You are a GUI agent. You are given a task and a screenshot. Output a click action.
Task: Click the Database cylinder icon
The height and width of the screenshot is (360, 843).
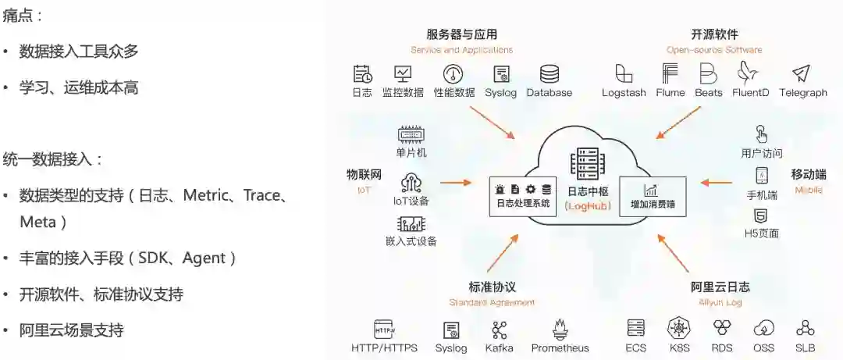tap(550, 74)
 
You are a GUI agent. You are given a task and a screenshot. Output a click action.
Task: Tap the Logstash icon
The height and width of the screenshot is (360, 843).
tap(624, 74)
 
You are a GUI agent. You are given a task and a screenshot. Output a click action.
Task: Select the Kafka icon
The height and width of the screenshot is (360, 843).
tap(499, 329)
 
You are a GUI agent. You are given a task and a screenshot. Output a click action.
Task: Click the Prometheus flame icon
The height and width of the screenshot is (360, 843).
tap(560, 329)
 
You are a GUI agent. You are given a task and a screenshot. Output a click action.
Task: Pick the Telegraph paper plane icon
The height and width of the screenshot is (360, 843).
tap(802, 74)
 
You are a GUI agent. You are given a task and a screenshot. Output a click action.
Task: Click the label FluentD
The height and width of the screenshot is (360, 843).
tap(750, 93)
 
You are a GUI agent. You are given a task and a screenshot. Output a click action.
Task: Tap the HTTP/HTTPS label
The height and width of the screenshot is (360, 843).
tap(384, 348)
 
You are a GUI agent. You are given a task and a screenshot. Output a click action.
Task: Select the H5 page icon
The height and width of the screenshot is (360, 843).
tap(760, 216)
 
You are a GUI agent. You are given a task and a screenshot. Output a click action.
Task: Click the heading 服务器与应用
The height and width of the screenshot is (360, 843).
tap(461, 34)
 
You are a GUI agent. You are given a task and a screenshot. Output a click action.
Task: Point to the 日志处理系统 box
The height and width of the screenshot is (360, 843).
tap(523, 196)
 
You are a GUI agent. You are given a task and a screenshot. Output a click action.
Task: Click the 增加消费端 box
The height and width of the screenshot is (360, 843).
tap(652, 196)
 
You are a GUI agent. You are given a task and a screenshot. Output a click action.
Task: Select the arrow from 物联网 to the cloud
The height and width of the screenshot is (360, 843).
tap(456, 183)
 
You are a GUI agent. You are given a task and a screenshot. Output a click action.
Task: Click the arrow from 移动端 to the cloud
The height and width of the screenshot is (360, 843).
tap(716, 183)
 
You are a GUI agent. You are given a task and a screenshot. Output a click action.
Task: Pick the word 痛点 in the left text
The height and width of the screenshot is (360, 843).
tap(23, 16)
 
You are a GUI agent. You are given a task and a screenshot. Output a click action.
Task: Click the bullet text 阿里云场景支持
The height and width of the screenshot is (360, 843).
tap(71, 330)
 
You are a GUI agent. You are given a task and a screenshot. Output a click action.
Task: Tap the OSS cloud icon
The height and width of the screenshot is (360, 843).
tap(763, 329)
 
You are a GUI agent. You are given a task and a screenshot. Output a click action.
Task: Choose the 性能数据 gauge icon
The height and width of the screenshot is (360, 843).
tap(453, 74)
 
